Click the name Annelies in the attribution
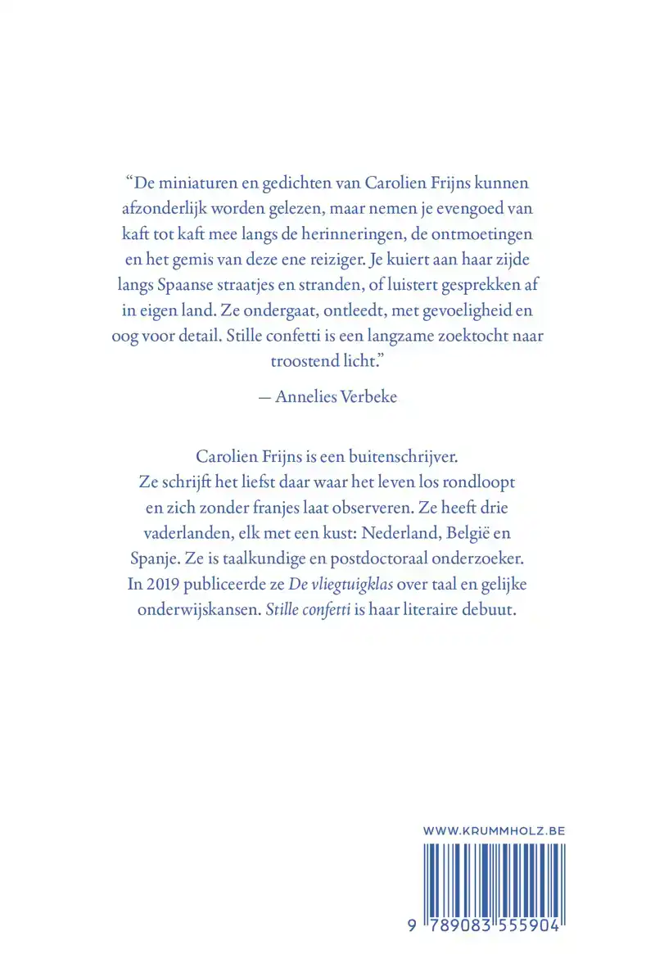click(x=305, y=397)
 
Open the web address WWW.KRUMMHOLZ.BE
click(x=495, y=831)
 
